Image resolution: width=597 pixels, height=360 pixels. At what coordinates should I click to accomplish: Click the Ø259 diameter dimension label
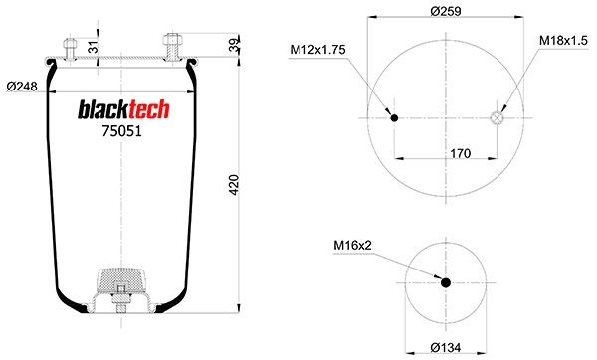[x=446, y=11]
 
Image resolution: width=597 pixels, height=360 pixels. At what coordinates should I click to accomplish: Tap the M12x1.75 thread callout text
[x=318, y=50]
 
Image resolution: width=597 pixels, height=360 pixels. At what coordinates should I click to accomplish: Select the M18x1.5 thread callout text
[x=563, y=41]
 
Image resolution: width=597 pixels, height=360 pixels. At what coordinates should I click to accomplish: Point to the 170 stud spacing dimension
[x=461, y=153]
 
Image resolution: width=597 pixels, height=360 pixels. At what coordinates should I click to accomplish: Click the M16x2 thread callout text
[x=352, y=245]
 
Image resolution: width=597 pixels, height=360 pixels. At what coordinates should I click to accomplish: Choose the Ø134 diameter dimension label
[x=446, y=347]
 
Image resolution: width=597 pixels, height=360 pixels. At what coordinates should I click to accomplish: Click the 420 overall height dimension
[x=234, y=185]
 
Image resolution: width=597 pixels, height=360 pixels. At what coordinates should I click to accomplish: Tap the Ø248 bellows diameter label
[x=22, y=87]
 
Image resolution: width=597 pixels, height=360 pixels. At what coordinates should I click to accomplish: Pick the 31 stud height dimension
[x=94, y=47]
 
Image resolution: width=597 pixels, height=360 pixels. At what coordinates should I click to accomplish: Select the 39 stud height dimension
[x=235, y=45]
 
